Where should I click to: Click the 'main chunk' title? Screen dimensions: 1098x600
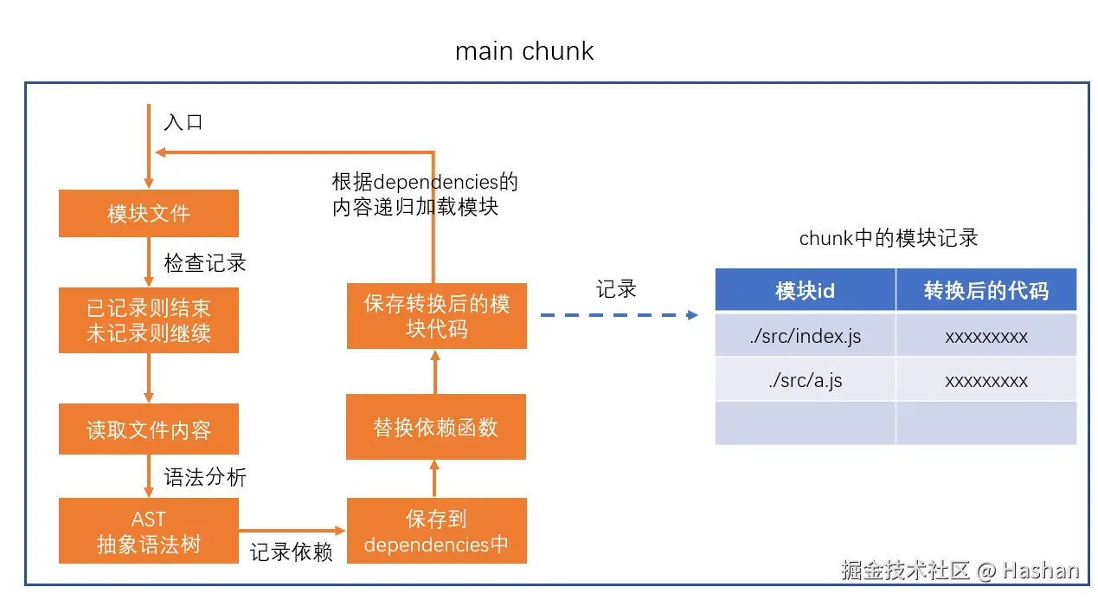pyautogui.click(x=524, y=51)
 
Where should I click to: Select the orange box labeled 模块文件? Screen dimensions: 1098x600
pyautogui.click(x=149, y=213)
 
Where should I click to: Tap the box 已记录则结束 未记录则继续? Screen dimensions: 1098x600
pyautogui.click(x=149, y=320)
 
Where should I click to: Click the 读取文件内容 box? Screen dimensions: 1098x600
pyautogui.click(x=149, y=429)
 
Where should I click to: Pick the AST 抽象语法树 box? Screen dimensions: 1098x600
pyautogui.click(x=149, y=531)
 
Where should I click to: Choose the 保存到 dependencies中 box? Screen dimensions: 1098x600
pyautogui.click(x=437, y=531)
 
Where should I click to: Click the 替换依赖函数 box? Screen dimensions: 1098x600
pyautogui.click(x=436, y=427)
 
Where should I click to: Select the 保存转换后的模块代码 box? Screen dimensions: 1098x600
pyautogui.click(x=437, y=316)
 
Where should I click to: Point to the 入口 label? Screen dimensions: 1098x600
pyautogui.click(x=183, y=122)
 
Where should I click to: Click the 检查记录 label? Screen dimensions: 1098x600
pyautogui.click(x=205, y=263)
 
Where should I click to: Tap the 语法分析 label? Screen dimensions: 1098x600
pyautogui.click(x=205, y=477)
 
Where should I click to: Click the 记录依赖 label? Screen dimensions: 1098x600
pyautogui.click(x=292, y=552)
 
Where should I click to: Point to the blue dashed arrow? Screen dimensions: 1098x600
pyautogui.click(x=620, y=315)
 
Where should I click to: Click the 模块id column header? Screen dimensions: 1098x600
pyautogui.click(x=806, y=290)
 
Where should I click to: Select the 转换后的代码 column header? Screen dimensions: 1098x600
pyautogui.click(x=986, y=290)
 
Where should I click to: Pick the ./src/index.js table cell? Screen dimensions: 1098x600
pyautogui.click(x=806, y=336)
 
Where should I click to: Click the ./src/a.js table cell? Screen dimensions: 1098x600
pyautogui.click(x=806, y=380)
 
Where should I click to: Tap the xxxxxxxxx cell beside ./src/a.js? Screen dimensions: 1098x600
pyautogui.click(x=986, y=380)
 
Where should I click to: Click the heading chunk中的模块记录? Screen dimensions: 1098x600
pyautogui.click(x=889, y=238)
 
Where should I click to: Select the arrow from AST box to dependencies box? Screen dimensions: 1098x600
pyautogui.click(x=292, y=531)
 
